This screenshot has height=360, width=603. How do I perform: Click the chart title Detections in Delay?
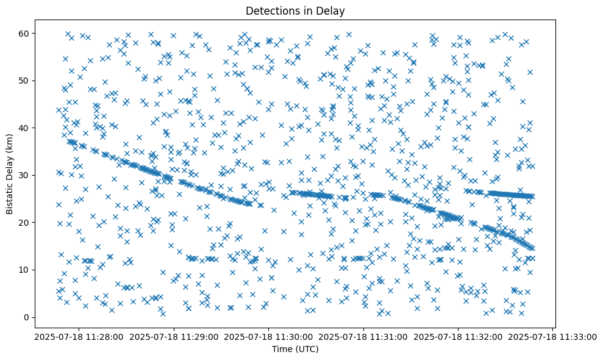point(296,11)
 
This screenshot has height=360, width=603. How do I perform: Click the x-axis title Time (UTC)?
point(296,349)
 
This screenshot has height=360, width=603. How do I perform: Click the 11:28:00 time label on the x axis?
point(79,336)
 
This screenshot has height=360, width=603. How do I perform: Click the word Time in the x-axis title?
point(282,349)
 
